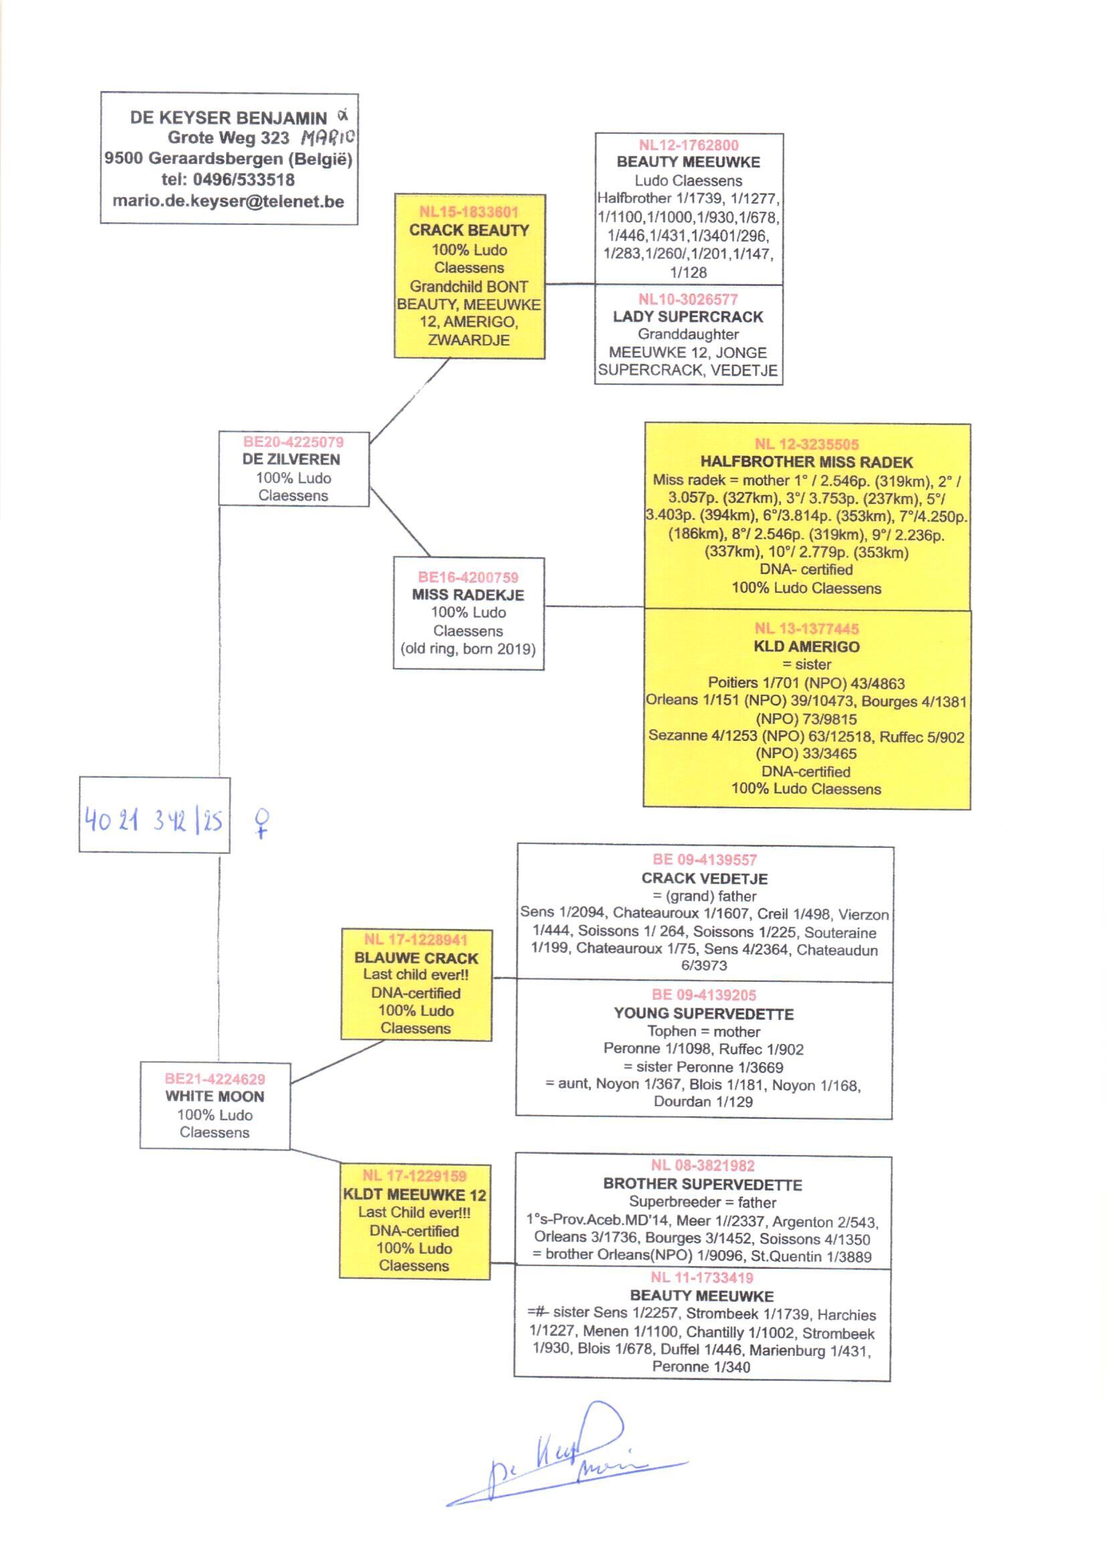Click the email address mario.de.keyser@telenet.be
[228, 201]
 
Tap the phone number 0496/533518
[244, 180]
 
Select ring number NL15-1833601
[469, 212]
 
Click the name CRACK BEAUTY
[469, 230]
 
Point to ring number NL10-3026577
[688, 299]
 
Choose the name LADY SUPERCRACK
[688, 317]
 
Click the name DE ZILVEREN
[292, 459]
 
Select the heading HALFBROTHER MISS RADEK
[806, 462]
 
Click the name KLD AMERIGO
[806, 646]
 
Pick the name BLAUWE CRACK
[416, 958]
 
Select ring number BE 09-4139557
[704, 860]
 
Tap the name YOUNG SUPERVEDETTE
[703, 1014]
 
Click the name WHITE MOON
[215, 1096]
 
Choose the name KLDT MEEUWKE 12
[414, 1195]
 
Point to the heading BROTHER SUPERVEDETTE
[702, 1185]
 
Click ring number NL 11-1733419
[701, 1278]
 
